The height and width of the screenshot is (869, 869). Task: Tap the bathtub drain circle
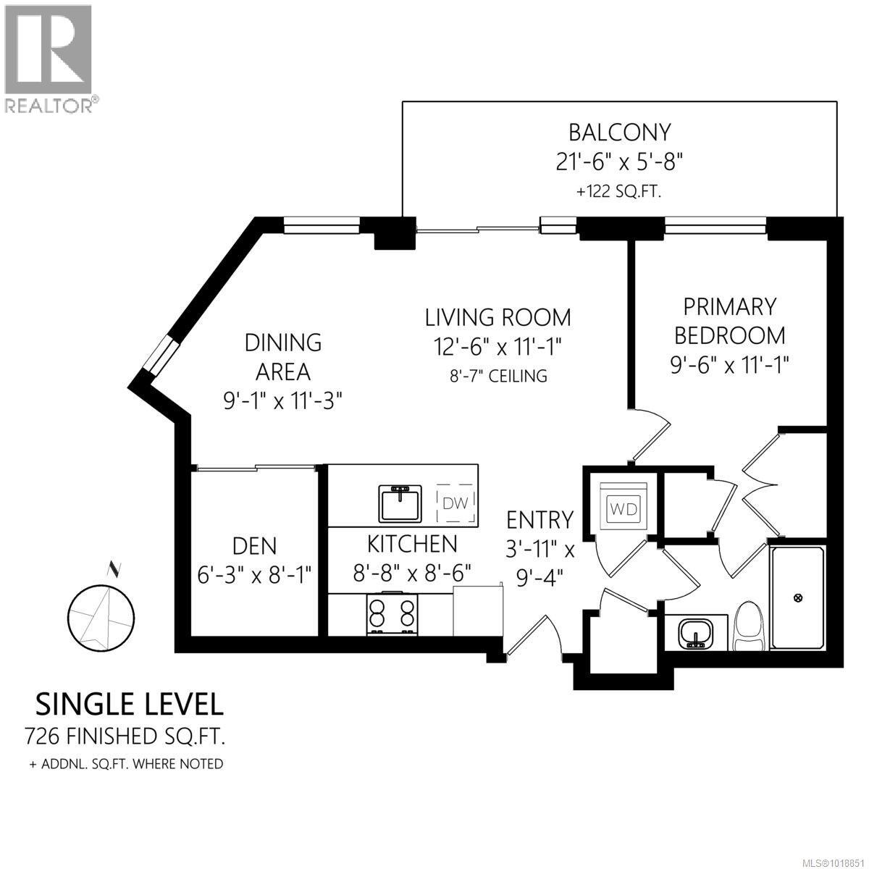[x=799, y=597]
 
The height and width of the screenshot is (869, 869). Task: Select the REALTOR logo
[x=49, y=59]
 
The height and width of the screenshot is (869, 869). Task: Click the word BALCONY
[x=619, y=133]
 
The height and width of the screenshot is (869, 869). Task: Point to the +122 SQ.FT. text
[x=619, y=192]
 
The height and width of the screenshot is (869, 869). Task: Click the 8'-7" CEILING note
[x=498, y=376]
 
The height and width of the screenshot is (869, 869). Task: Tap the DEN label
[x=253, y=545]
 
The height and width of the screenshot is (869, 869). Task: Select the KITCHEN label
[x=412, y=543]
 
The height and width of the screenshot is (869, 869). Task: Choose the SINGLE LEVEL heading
[x=130, y=703]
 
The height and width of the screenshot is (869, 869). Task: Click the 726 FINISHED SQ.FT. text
[x=125, y=736]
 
